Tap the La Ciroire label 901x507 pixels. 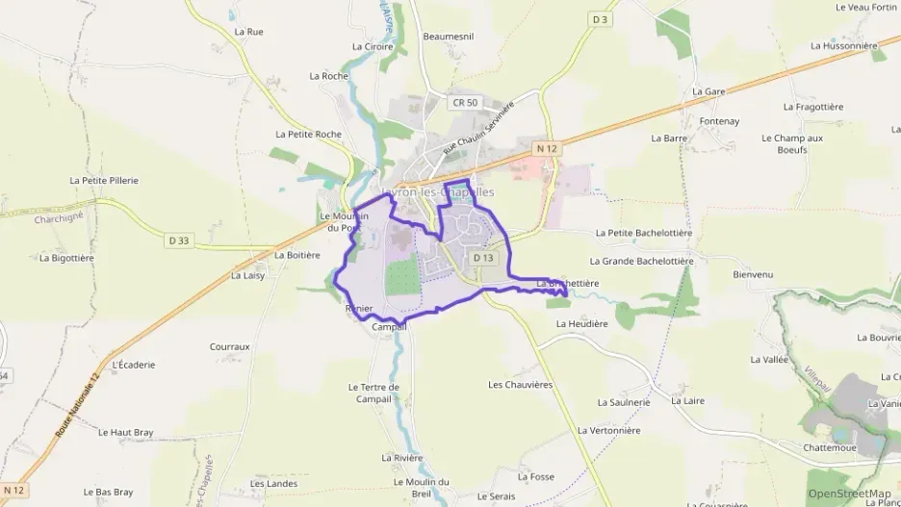point(373,46)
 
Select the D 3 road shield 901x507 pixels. point(601,19)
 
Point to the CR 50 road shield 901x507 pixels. point(465,102)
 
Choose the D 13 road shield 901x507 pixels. point(483,258)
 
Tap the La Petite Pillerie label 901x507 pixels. point(104,180)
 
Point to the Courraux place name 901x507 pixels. point(229,346)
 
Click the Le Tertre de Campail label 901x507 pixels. point(373,393)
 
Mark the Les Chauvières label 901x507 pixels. point(520,384)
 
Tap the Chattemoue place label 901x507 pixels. point(831,447)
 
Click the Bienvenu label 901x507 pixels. point(753,274)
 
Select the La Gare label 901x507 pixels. point(708,91)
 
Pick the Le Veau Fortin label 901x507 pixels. point(866,7)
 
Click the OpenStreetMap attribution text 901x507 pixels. point(849,494)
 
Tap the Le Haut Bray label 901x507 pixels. point(126,433)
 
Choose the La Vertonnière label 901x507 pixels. point(608,430)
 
